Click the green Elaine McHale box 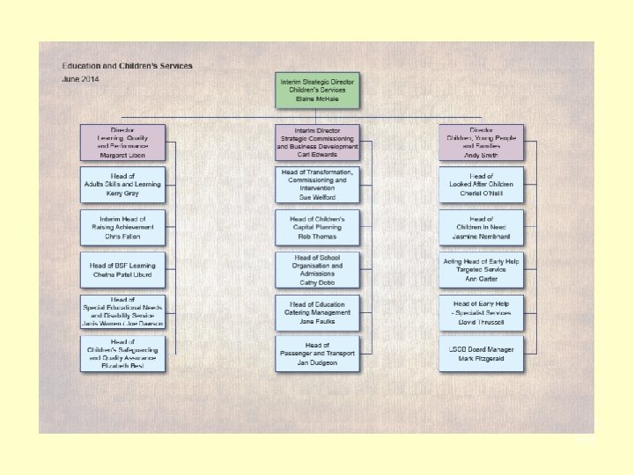click(x=317, y=90)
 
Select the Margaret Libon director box click(x=122, y=142)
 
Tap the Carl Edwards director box click(x=316, y=142)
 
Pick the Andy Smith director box click(x=482, y=142)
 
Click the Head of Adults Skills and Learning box click(x=122, y=184)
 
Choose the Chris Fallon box click(x=122, y=226)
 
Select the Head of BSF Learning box click(x=122, y=269)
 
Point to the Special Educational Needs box click(x=122, y=312)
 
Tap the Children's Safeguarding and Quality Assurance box click(x=122, y=354)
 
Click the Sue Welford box click(x=316, y=184)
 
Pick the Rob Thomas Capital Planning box click(x=316, y=226)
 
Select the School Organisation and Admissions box click(x=316, y=270)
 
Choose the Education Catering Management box click(x=316, y=312)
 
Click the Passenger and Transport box click(x=316, y=354)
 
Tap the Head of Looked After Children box click(x=482, y=184)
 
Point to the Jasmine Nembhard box click(x=482, y=226)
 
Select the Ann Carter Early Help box click(x=482, y=269)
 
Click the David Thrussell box click(x=482, y=312)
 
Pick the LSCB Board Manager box click(x=482, y=354)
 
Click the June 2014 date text click(x=80, y=79)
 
